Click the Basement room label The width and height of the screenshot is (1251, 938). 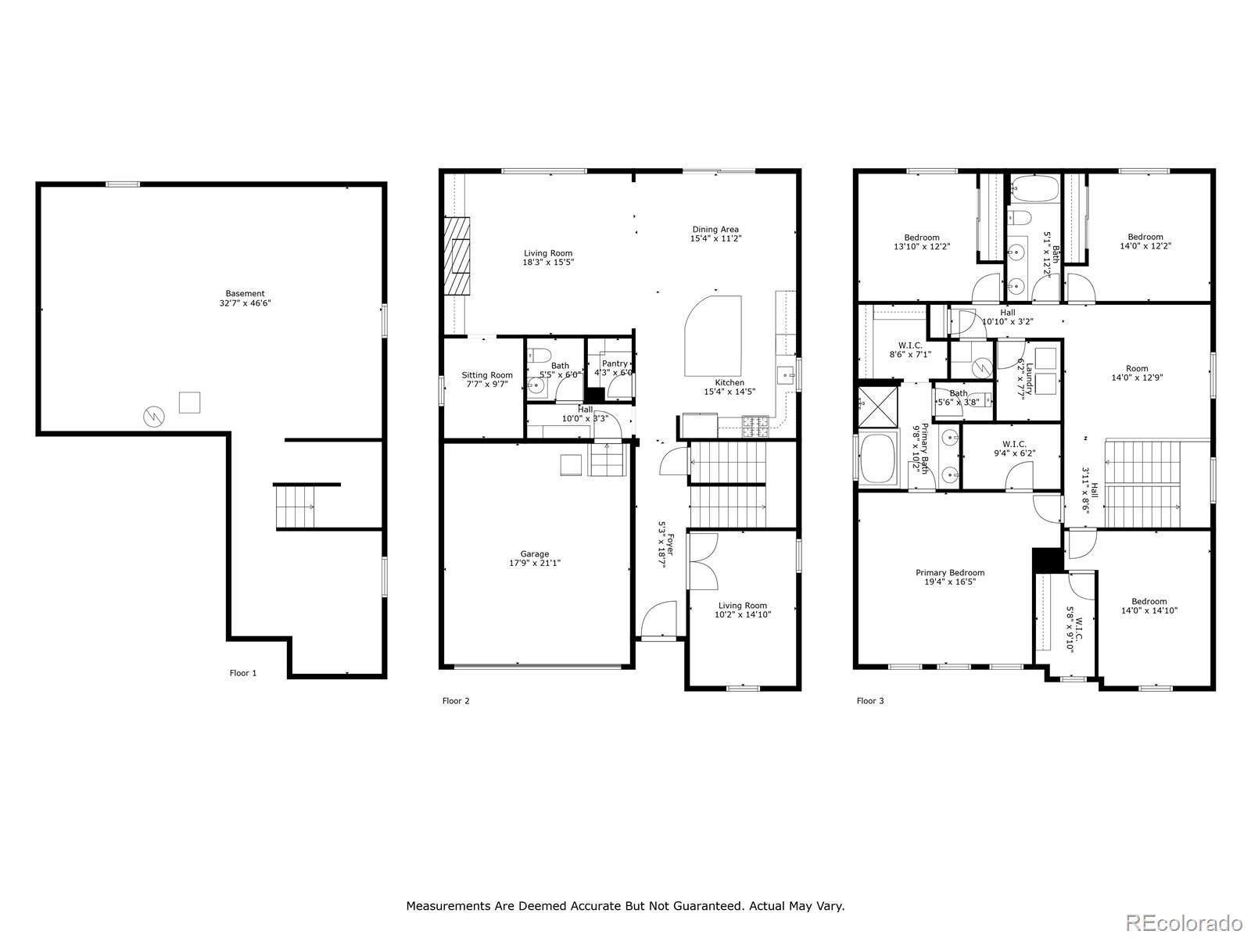pos(245,299)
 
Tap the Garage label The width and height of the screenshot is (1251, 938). pos(535,558)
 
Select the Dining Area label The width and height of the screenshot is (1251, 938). pos(715,234)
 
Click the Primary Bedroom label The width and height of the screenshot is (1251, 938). pos(950,577)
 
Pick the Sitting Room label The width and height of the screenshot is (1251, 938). pos(487,379)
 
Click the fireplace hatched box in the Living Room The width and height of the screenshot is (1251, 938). pos(457,256)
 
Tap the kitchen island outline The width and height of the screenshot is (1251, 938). pos(713,336)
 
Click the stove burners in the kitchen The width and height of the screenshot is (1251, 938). pos(755,427)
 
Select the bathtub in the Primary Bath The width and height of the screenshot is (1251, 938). pos(878,459)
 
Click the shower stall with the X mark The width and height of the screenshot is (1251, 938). pos(878,406)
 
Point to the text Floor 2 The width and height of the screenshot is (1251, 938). pos(456,700)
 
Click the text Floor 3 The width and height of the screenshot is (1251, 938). pos(870,700)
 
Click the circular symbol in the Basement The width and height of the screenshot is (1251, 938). pos(154,417)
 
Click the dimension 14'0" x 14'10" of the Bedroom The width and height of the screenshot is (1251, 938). pos(1149,610)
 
